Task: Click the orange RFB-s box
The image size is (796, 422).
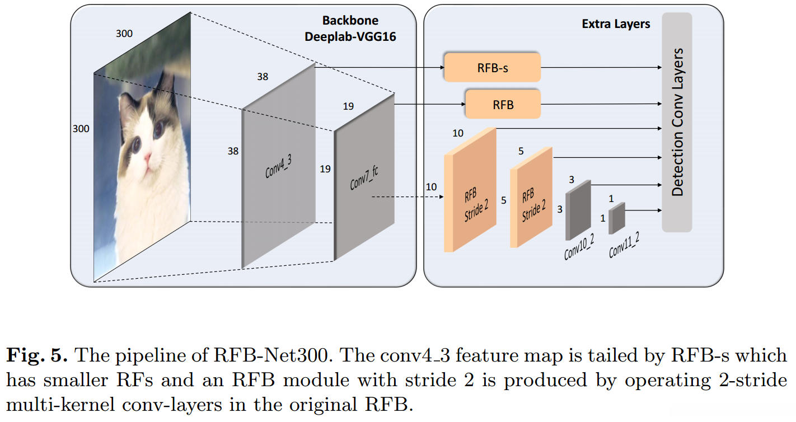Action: point(492,68)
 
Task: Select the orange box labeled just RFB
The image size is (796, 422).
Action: point(503,104)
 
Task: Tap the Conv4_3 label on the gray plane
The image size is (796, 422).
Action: point(279,167)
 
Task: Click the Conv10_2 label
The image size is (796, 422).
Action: point(579,247)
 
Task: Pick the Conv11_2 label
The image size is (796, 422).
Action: point(624,245)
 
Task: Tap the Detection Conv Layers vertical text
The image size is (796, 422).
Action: point(677,122)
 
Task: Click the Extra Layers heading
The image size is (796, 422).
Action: point(616,24)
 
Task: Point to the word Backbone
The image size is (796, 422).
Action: point(350,21)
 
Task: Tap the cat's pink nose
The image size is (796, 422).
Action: point(147,158)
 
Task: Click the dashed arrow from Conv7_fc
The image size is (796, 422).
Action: point(406,197)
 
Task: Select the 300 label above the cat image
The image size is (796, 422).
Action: point(124,34)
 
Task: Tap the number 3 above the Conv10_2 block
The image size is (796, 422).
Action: point(572,180)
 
